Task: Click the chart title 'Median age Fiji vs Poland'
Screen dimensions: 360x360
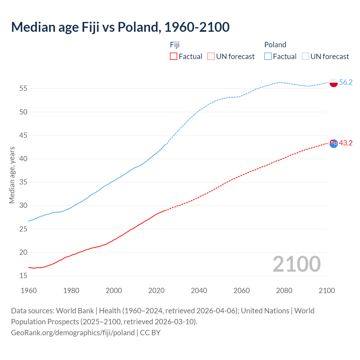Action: pos(120,27)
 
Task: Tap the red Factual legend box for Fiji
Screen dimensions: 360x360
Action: pos(174,56)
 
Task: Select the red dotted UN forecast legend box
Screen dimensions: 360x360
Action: pos(211,56)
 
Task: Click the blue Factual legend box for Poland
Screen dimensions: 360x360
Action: pos(268,56)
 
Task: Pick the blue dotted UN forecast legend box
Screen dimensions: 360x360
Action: pos(305,56)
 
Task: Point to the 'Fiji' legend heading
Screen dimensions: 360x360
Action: pos(175,45)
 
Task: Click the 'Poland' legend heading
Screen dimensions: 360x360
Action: pos(275,45)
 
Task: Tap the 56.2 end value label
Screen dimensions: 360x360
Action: pos(346,82)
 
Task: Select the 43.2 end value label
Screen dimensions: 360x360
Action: pos(346,143)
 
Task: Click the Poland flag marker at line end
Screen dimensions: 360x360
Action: pos(334,83)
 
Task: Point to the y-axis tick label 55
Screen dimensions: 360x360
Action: pos(23,89)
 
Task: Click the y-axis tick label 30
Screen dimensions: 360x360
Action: pos(23,206)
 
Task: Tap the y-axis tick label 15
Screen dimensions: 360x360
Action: pos(23,276)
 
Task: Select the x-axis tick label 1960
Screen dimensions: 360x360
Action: pos(29,291)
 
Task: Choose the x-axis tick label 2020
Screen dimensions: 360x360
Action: pos(156,291)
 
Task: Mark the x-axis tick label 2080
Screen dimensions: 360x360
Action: pos(284,291)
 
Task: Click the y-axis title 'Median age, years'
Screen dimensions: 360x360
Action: pos(12,175)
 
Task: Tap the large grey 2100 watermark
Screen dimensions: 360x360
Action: pos(296,264)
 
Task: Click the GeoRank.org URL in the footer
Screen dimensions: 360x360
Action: pos(73,332)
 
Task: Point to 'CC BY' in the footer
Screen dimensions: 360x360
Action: pos(150,332)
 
